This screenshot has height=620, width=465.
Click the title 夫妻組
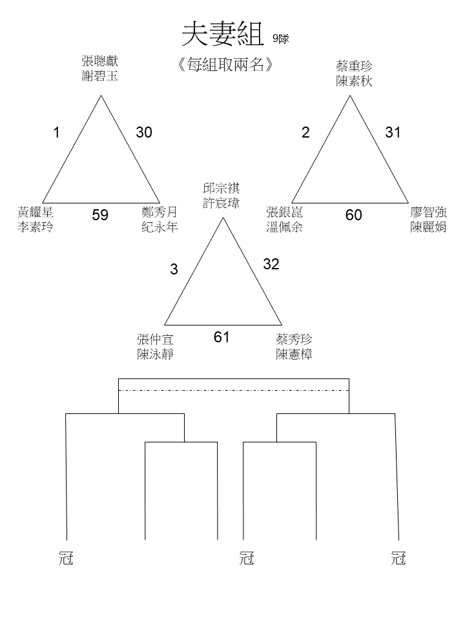(x=223, y=34)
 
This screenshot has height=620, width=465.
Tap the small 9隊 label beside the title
(x=281, y=38)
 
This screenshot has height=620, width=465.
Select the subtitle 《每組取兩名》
(x=226, y=65)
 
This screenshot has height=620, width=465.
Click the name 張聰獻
(x=100, y=61)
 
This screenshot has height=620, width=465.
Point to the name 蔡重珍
(x=354, y=66)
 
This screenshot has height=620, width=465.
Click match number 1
(x=57, y=132)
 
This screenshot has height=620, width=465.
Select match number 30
(x=144, y=132)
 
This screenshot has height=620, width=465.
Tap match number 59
(x=100, y=214)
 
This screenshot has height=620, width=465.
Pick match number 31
(x=393, y=132)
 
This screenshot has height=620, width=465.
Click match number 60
(x=353, y=214)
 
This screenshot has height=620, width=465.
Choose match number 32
(x=271, y=264)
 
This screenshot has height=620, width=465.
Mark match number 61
(x=222, y=337)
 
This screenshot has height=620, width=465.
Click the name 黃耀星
(x=35, y=212)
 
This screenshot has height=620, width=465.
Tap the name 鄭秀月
(x=160, y=212)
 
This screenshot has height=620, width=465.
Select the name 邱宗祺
(x=222, y=188)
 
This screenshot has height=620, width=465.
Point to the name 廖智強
(x=429, y=212)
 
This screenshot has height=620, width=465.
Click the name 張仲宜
(x=156, y=339)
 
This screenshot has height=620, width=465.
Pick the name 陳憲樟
(x=294, y=355)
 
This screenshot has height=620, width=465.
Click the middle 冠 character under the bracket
(x=247, y=558)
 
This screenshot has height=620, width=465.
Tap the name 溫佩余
(x=285, y=227)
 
